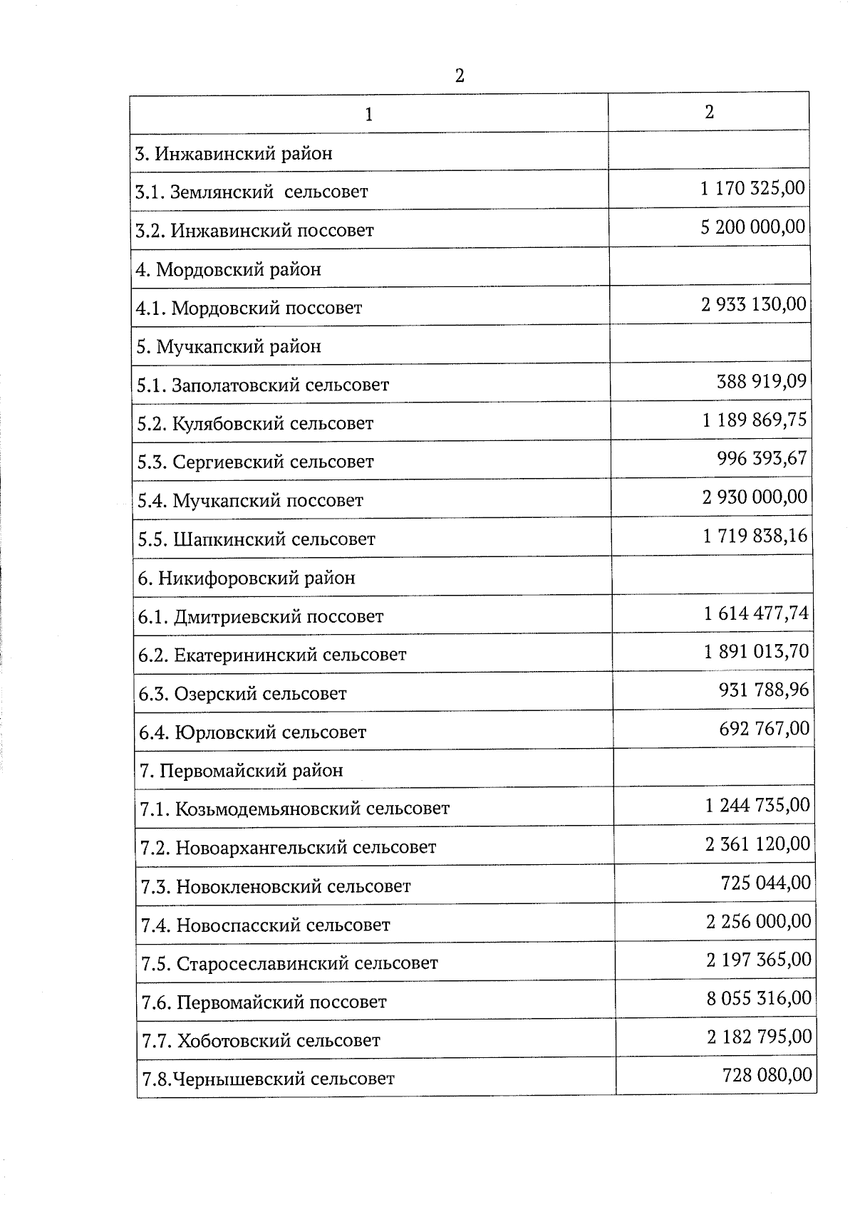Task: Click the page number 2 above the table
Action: [460, 76]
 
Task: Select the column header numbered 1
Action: [368, 115]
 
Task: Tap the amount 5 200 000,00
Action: [753, 227]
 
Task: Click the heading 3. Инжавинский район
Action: [234, 154]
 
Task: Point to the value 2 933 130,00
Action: [754, 304]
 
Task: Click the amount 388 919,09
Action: [761, 381]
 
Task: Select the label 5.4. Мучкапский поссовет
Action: [250, 501]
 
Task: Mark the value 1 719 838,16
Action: [755, 535]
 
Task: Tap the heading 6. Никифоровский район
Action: [247, 578]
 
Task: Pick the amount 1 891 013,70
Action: [756, 651]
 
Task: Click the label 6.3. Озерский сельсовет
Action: [243, 693]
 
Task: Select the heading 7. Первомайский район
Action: [242, 771]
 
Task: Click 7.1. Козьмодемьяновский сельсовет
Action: [295, 809]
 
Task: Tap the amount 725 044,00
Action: [766, 883]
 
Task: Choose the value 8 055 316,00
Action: [759, 998]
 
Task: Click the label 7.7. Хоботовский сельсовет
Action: [261, 1041]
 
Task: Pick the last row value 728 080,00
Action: [767, 1074]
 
